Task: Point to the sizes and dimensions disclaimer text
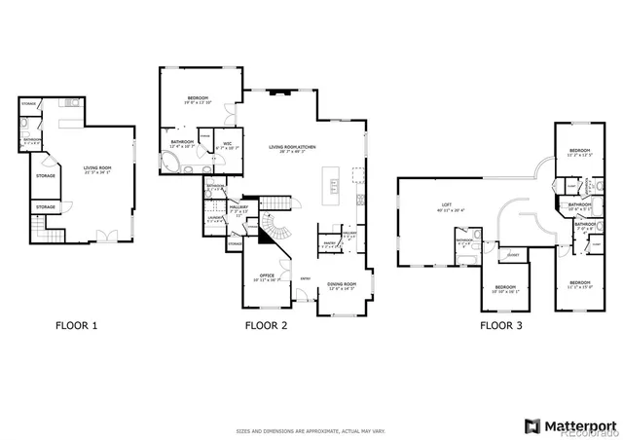coord(311,401)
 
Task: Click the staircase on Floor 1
coord(40,230)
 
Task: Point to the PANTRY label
coord(328,244)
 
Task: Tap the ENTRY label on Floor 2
coord(305,279)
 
